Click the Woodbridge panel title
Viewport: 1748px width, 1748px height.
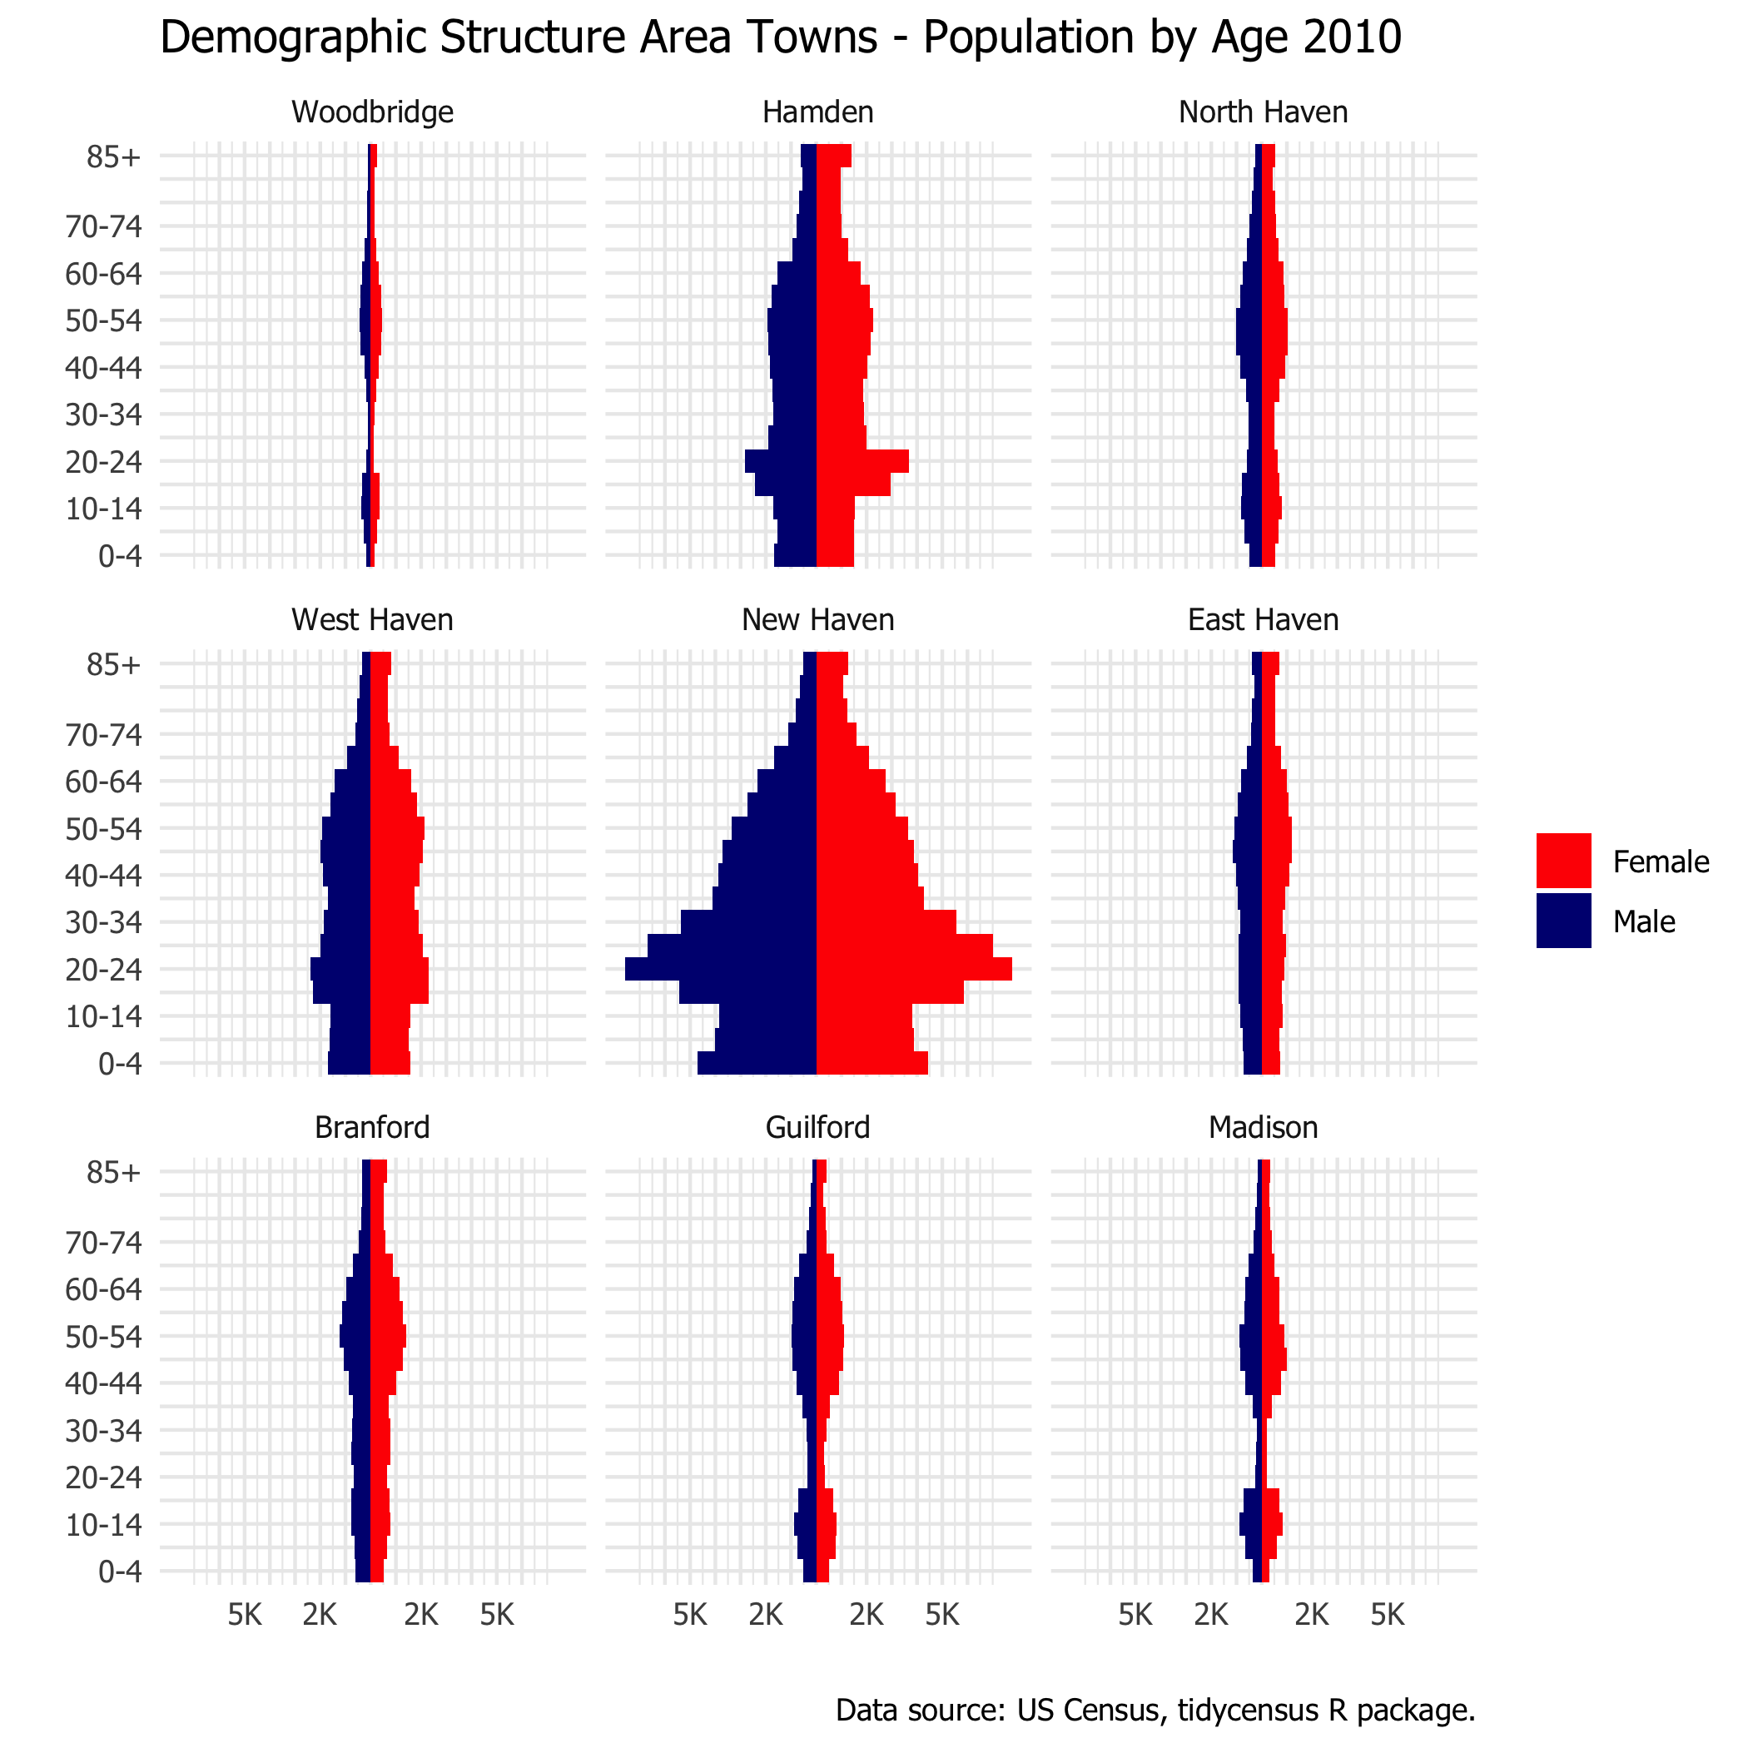click(x=372, y=112)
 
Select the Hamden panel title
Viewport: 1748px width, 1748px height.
click(x=818, y=112)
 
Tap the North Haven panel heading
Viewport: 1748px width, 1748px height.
click(x=1263, y=112)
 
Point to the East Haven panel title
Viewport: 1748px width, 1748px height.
click(x=1263, y=620)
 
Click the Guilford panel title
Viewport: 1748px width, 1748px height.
click(x=818, y=1127)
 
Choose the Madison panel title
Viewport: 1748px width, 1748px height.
click(x=1263, y=1127)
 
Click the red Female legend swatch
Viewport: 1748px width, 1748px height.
click(x=1563, y=861)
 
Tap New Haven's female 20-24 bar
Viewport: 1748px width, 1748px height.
click(x=914, y=969)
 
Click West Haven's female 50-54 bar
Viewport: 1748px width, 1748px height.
click(x=396, y=828)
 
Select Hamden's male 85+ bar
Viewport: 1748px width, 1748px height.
click(x=809, y=156)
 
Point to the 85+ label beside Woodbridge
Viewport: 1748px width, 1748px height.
click(x=114, y=157)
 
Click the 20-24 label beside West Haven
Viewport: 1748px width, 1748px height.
click(x=104, y=971)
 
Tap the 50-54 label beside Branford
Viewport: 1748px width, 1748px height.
click(x=104, y=1338)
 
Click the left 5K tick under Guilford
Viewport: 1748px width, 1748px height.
click(x=690, y=1614)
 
